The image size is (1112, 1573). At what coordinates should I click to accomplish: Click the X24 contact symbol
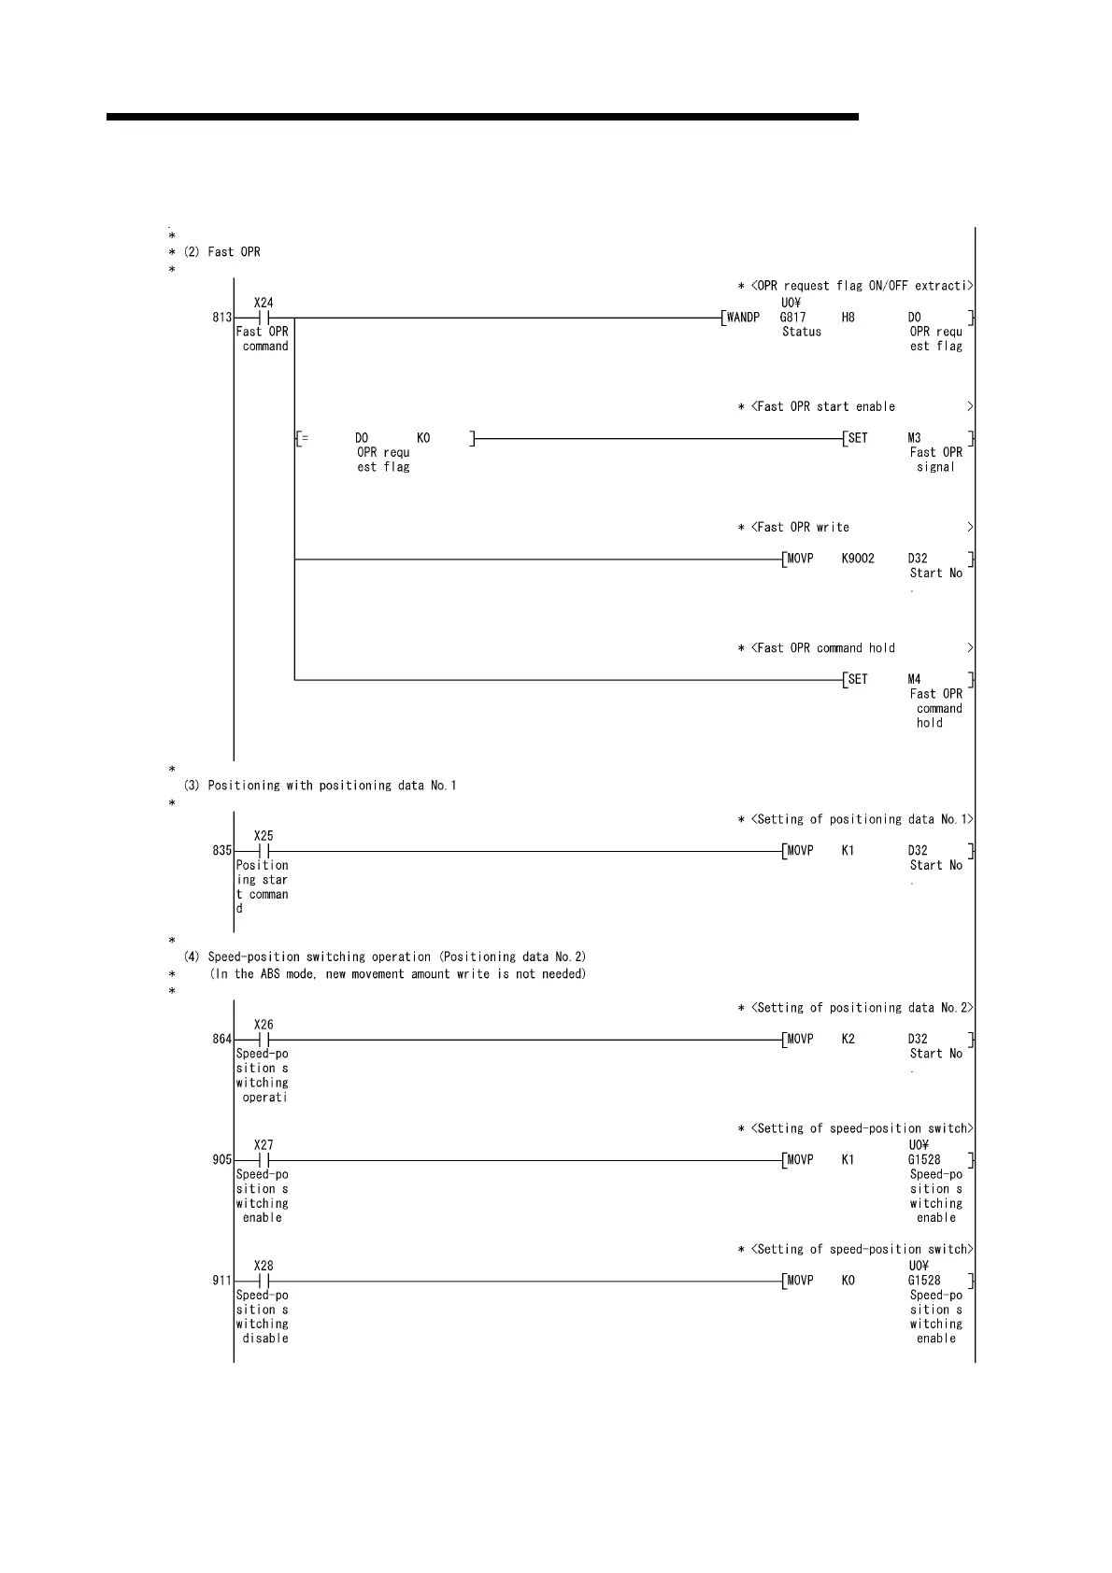[x=264, y=318]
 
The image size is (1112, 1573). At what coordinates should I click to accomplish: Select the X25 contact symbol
[x=264, y=851]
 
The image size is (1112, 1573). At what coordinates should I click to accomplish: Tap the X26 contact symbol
[x=264, y=1040]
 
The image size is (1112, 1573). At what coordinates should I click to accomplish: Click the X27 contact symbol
[x=264, y=1160]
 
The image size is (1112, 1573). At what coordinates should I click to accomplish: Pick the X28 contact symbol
[x=264, y=1281]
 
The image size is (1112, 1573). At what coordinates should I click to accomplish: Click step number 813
[x=221, y=318]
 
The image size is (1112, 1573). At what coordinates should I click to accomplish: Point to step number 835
[x=221, y=851]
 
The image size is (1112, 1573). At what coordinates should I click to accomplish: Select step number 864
[x=221, y=1040]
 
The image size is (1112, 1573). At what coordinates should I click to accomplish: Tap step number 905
[x=221, y=1160]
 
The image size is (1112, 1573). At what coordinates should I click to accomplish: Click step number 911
[x=221, y=1281]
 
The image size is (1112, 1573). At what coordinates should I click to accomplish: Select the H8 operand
[x=848, y=318]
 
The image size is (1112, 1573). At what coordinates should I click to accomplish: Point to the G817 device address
[x=792, y=318]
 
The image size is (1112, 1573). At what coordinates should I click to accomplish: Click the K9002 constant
[x=858, y=559]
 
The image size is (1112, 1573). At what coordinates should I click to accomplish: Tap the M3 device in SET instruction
[x=914, y=438]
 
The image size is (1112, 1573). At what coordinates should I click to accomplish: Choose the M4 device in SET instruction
[x=914, y=679]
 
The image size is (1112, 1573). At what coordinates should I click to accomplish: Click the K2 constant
[x=848, y=1040]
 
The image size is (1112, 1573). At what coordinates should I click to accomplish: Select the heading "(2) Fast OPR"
[x=234, y=252]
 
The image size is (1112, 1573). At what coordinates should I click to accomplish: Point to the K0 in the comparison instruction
[x=423, y=438]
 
